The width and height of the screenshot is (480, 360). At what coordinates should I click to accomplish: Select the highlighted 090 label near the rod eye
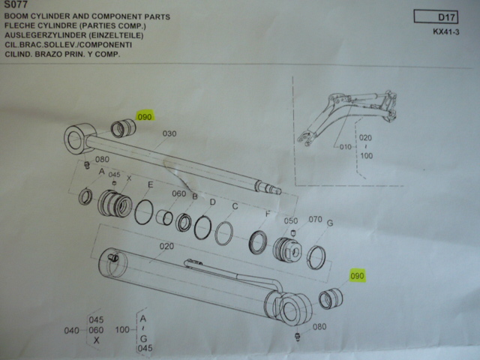click(x=145, y=117)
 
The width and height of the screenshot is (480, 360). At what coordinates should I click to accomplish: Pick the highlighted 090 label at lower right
click(x=357, y=276)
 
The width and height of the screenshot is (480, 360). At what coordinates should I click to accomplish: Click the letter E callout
click(x=150, y=184)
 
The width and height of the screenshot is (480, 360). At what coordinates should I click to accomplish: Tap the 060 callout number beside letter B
click(x=178, y=193)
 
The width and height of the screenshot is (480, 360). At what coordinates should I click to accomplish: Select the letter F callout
click(x=267, y=214)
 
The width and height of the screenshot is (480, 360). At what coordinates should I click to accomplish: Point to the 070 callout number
click(x=315, y=220)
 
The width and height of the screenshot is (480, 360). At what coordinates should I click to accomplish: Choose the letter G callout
click(x=329, y=223)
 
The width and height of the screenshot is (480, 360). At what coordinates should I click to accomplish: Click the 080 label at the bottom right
click(x=319, y=327)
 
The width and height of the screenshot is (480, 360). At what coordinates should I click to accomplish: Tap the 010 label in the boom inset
click(x=345, y=146)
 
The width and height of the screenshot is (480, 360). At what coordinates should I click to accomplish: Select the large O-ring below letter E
click(x=145, y=211)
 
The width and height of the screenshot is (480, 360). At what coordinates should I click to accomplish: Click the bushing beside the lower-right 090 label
click(x=330, y=299)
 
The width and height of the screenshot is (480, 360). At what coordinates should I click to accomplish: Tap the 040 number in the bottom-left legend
click(x=70, y=331)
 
